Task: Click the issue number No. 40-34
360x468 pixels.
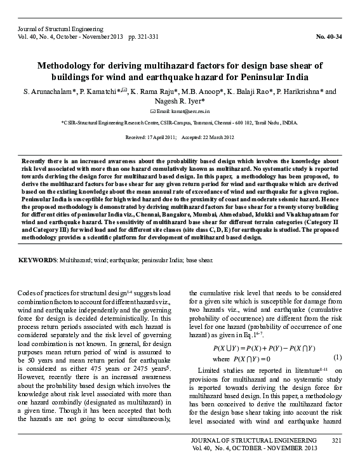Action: click(x=329, y=36)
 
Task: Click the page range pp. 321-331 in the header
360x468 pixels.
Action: click(x=143, y=36)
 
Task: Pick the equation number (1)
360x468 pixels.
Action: click(x=338, y=358)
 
